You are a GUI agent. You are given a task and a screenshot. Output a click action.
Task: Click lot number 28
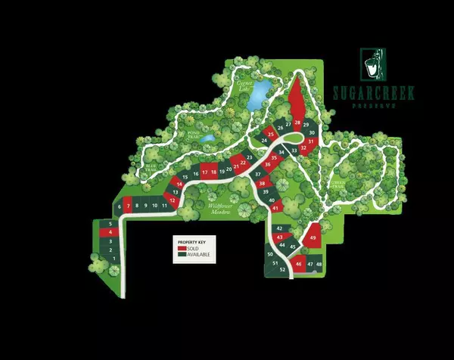297,123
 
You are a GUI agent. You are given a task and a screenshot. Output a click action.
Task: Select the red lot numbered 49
313,238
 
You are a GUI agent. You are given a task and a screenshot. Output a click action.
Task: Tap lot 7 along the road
129,206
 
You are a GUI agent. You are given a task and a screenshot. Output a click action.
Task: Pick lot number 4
110,232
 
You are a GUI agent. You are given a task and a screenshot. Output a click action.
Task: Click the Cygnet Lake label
244,85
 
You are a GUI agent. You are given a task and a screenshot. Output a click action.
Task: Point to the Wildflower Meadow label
219,209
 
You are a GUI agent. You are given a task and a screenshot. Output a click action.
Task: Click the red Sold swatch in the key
182,248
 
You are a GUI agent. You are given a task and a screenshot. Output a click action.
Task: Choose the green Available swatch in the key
182,255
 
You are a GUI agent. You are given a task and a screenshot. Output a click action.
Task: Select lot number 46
300,264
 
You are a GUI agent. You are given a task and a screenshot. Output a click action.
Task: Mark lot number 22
243,162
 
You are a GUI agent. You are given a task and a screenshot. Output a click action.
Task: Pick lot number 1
111,259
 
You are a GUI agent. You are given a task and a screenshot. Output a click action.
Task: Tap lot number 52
282,269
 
